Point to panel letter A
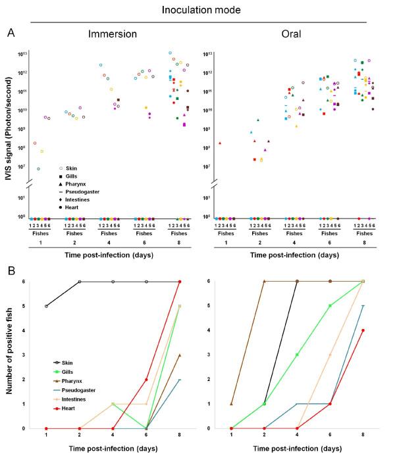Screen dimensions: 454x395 (11, 31)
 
